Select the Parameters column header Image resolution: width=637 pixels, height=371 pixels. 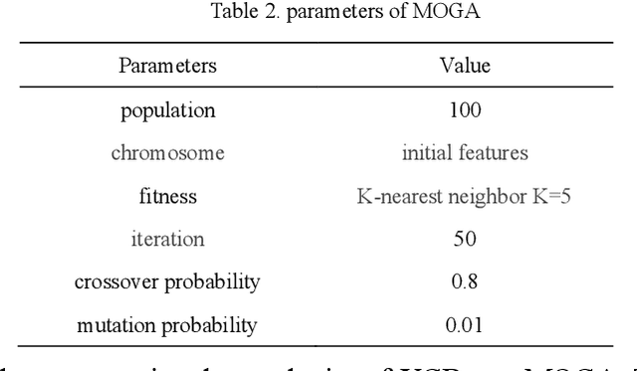(167, 67)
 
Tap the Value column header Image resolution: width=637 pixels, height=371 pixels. (465, 67)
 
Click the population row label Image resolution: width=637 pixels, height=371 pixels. (167, 110)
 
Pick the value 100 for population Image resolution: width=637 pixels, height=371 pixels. (465, 110)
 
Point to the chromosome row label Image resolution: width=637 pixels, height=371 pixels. (167, 153)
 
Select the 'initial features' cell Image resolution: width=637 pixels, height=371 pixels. (465, 153)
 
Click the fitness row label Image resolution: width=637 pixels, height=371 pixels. (167, 196)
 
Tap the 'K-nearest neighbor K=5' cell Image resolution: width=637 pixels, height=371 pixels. (465, 196)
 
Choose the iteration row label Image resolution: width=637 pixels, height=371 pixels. (167, 239)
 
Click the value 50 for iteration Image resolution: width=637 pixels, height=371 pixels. (465, 239)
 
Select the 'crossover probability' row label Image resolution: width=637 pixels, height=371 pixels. (167, 281)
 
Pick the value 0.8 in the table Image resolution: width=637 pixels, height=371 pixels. (465, 281)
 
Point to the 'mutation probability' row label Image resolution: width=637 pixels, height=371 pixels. (167, 324)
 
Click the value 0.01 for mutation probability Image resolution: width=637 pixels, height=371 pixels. (465, 324)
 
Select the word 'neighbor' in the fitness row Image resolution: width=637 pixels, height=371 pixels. (490, 196)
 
